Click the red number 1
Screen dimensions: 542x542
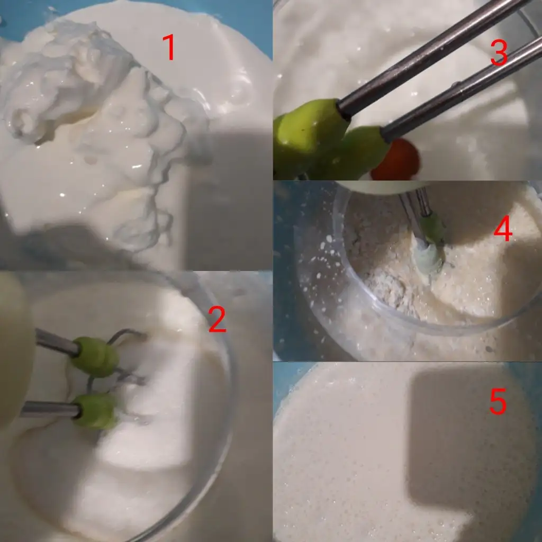[169, 47]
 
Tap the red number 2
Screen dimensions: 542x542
[218, 320]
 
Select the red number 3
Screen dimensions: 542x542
[499, 52]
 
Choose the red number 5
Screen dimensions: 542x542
[498, 401]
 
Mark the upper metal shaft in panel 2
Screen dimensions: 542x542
[55, 342]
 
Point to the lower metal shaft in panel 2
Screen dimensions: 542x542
[50, 410]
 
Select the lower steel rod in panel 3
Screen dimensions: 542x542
[462, 90]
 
